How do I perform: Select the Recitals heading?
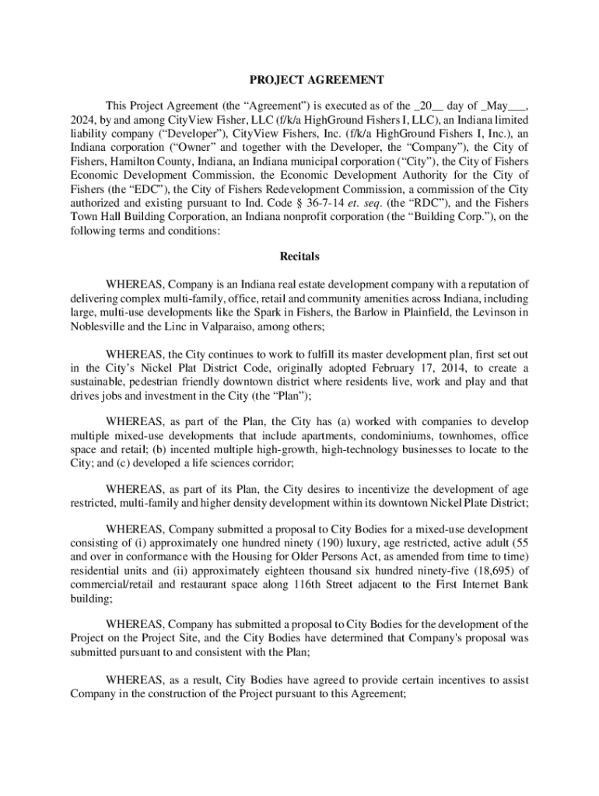pyautogui.click(x=299, y=256)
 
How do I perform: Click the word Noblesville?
pyautogui.click(x=99, y=326)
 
